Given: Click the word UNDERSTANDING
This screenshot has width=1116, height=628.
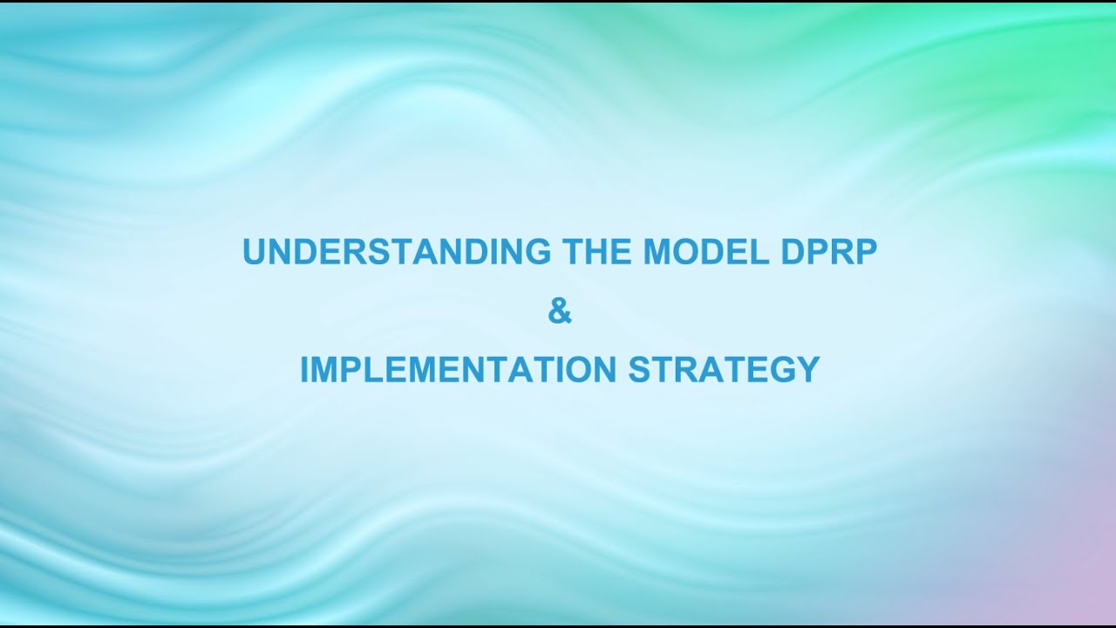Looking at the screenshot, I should [397, 252].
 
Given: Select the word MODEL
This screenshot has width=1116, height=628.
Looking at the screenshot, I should [704, 252].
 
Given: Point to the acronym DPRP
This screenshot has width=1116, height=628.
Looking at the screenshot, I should [825, 252].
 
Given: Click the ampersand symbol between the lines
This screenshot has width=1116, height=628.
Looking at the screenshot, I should [560, 311].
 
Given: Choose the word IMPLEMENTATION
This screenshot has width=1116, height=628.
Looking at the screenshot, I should [459, 369].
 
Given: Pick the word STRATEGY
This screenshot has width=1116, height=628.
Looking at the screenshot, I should [724, 369].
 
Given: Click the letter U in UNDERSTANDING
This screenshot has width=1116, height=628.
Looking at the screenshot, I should [255, 252].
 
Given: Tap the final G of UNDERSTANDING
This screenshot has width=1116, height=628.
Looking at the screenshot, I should [538, 252].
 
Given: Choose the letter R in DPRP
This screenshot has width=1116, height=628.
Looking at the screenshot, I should [838, 252].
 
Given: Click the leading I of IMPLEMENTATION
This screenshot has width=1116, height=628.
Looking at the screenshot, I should [304, 369].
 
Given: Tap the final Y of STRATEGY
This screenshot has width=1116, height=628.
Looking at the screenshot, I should [808, 369].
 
